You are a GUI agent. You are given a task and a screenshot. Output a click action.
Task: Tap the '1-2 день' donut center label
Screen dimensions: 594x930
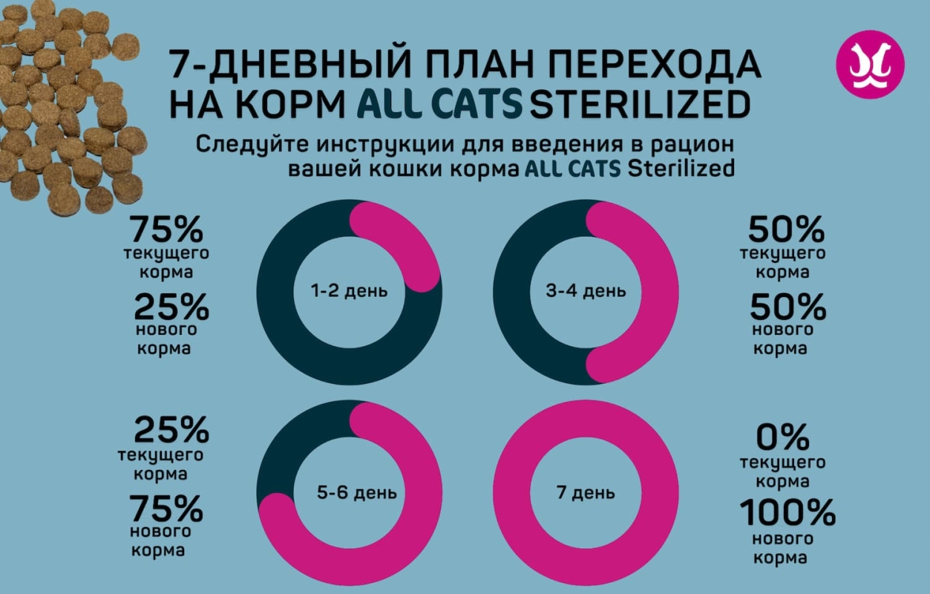click(x=350, y=291)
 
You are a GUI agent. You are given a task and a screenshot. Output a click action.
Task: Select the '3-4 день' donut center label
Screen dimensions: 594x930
click(x=586, y=291)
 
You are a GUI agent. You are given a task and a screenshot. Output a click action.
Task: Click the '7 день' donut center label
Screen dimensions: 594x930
click(x=586, y=493)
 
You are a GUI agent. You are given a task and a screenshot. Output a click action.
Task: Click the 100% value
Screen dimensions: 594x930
click(x=787, y=512)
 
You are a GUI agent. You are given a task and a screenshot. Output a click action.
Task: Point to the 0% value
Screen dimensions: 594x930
click(x=784, y=436)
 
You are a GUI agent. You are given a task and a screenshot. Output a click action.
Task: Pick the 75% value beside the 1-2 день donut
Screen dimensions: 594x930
click(x=166, y=229)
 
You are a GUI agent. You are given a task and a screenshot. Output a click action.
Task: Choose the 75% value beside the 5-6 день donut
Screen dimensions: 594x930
click(x=166, y=510)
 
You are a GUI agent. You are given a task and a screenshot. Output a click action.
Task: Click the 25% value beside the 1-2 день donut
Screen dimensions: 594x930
click(x=171, y=306)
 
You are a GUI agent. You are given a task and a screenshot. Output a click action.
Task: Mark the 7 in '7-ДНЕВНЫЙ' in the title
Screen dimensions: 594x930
click(x=182, y=65)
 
